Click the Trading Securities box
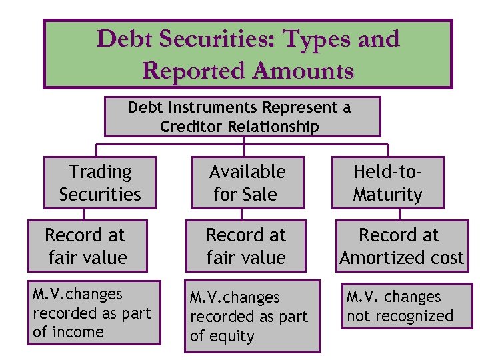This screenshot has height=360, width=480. [100, 183]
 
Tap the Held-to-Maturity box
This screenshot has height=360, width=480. [387, 183]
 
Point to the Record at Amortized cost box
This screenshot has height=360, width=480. [401, 246]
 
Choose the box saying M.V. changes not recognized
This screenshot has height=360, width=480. [408, 306]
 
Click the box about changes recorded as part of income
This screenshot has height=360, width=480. [94, 313]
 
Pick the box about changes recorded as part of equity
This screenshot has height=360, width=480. [253, 317]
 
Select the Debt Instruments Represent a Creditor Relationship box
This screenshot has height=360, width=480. [242, 117]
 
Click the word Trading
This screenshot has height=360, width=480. [100, 172]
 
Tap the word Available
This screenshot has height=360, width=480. [247, 172]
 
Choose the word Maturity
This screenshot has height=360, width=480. [387, 195]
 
